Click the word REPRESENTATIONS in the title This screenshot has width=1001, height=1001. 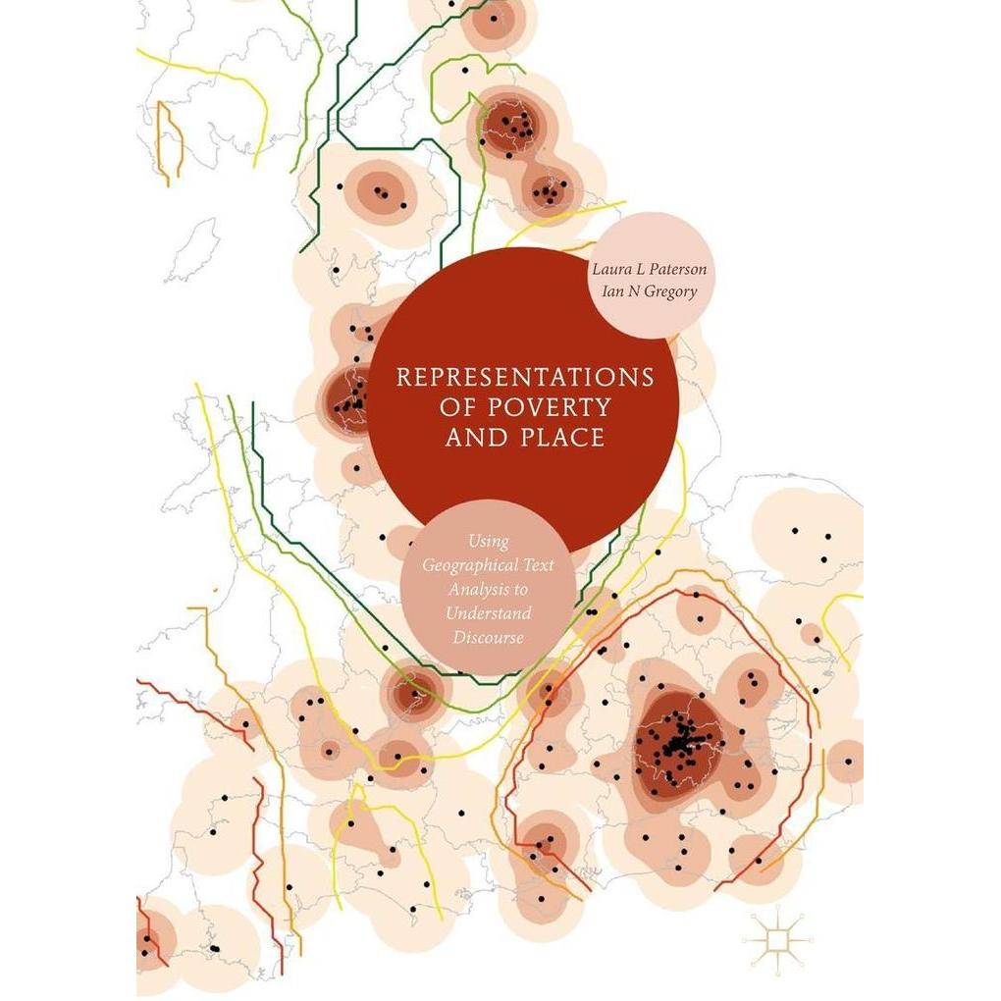tap(525, 377)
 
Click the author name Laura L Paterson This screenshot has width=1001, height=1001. tap(650, 269)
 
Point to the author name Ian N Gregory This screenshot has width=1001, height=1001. tap(650, 291)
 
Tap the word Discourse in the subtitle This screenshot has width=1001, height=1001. tap(489, 637)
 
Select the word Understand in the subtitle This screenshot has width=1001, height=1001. tap(489, 613)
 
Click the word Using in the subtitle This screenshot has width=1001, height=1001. tap(489, 543)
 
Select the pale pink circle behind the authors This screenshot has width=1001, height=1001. tap(652, 275)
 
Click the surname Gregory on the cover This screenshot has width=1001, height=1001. tap(669, 292)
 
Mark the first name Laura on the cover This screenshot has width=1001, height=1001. tap(609, 269)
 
